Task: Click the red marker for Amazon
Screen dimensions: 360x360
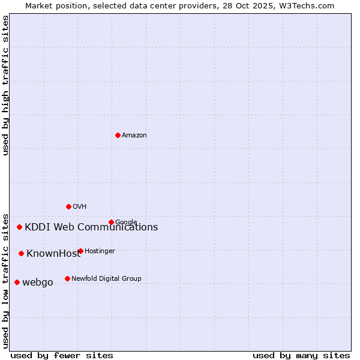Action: (x=118, y=135)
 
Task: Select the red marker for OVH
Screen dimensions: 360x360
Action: (x=68, y=206)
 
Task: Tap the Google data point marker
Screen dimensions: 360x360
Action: (x=111, y=222)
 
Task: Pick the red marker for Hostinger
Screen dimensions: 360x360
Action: (x=80, y=251)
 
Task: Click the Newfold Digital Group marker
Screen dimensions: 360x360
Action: (x=67, y=278)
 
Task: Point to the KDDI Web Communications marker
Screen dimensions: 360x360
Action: (x=20, y=227)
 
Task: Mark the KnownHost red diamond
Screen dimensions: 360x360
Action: (x=21, y=253)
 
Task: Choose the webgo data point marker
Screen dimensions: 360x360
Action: (x=17, y=282)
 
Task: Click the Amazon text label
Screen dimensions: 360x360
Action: (x=134, y=136)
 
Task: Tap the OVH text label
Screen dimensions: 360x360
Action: (x=80, y=207)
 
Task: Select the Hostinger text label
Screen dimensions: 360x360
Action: (x=100, y=251)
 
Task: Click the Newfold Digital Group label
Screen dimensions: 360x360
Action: (x=106, y=278)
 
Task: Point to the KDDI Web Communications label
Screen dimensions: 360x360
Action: (x=91, y=227)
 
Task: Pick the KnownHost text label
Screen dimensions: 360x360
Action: (x=53, y=254)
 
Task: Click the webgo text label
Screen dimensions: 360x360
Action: (x=38, y=283)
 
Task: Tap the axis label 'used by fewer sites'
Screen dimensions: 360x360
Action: (x=62, y=355)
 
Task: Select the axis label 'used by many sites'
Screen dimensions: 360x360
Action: (x=301, y=355)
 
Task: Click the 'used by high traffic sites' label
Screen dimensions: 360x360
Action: (x=6, y=86)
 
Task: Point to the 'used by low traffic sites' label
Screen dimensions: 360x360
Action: (x=6, y=280)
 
